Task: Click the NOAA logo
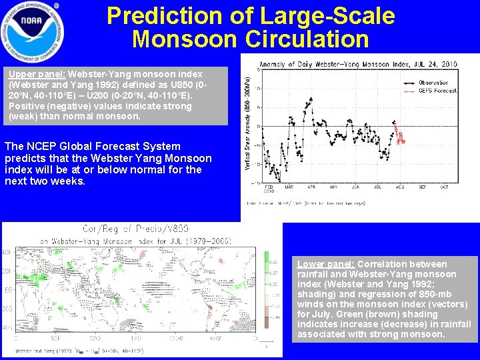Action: (33, 29)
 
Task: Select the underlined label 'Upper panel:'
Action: (37, 74)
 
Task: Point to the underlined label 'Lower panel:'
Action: (326, 264)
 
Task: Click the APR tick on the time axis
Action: (311, 187)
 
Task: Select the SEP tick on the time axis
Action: (423, 187)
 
